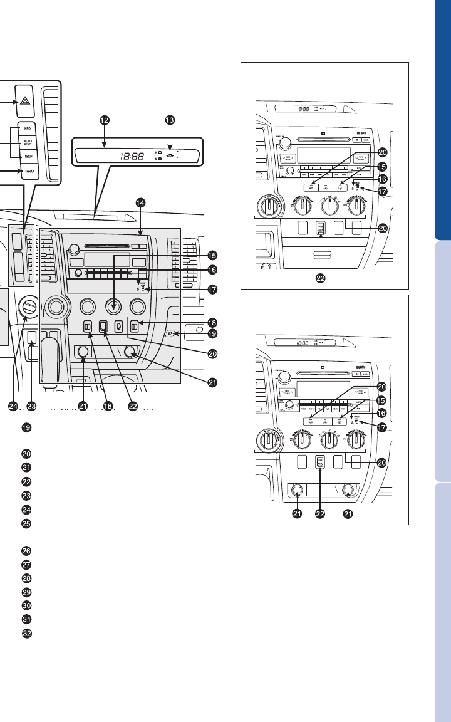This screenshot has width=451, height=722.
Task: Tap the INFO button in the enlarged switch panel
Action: pos(27,128)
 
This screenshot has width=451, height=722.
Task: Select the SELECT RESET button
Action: pos(28,144)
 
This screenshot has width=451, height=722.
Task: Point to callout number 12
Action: pos(105,120)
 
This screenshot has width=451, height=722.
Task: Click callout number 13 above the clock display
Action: pos(168,120)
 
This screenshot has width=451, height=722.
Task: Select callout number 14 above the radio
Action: pos(140,203)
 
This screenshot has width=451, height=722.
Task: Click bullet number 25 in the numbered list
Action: pos(26,523)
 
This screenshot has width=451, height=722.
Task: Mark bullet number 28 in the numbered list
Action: pos(26,578)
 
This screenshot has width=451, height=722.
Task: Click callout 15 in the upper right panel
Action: pos(381,167)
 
